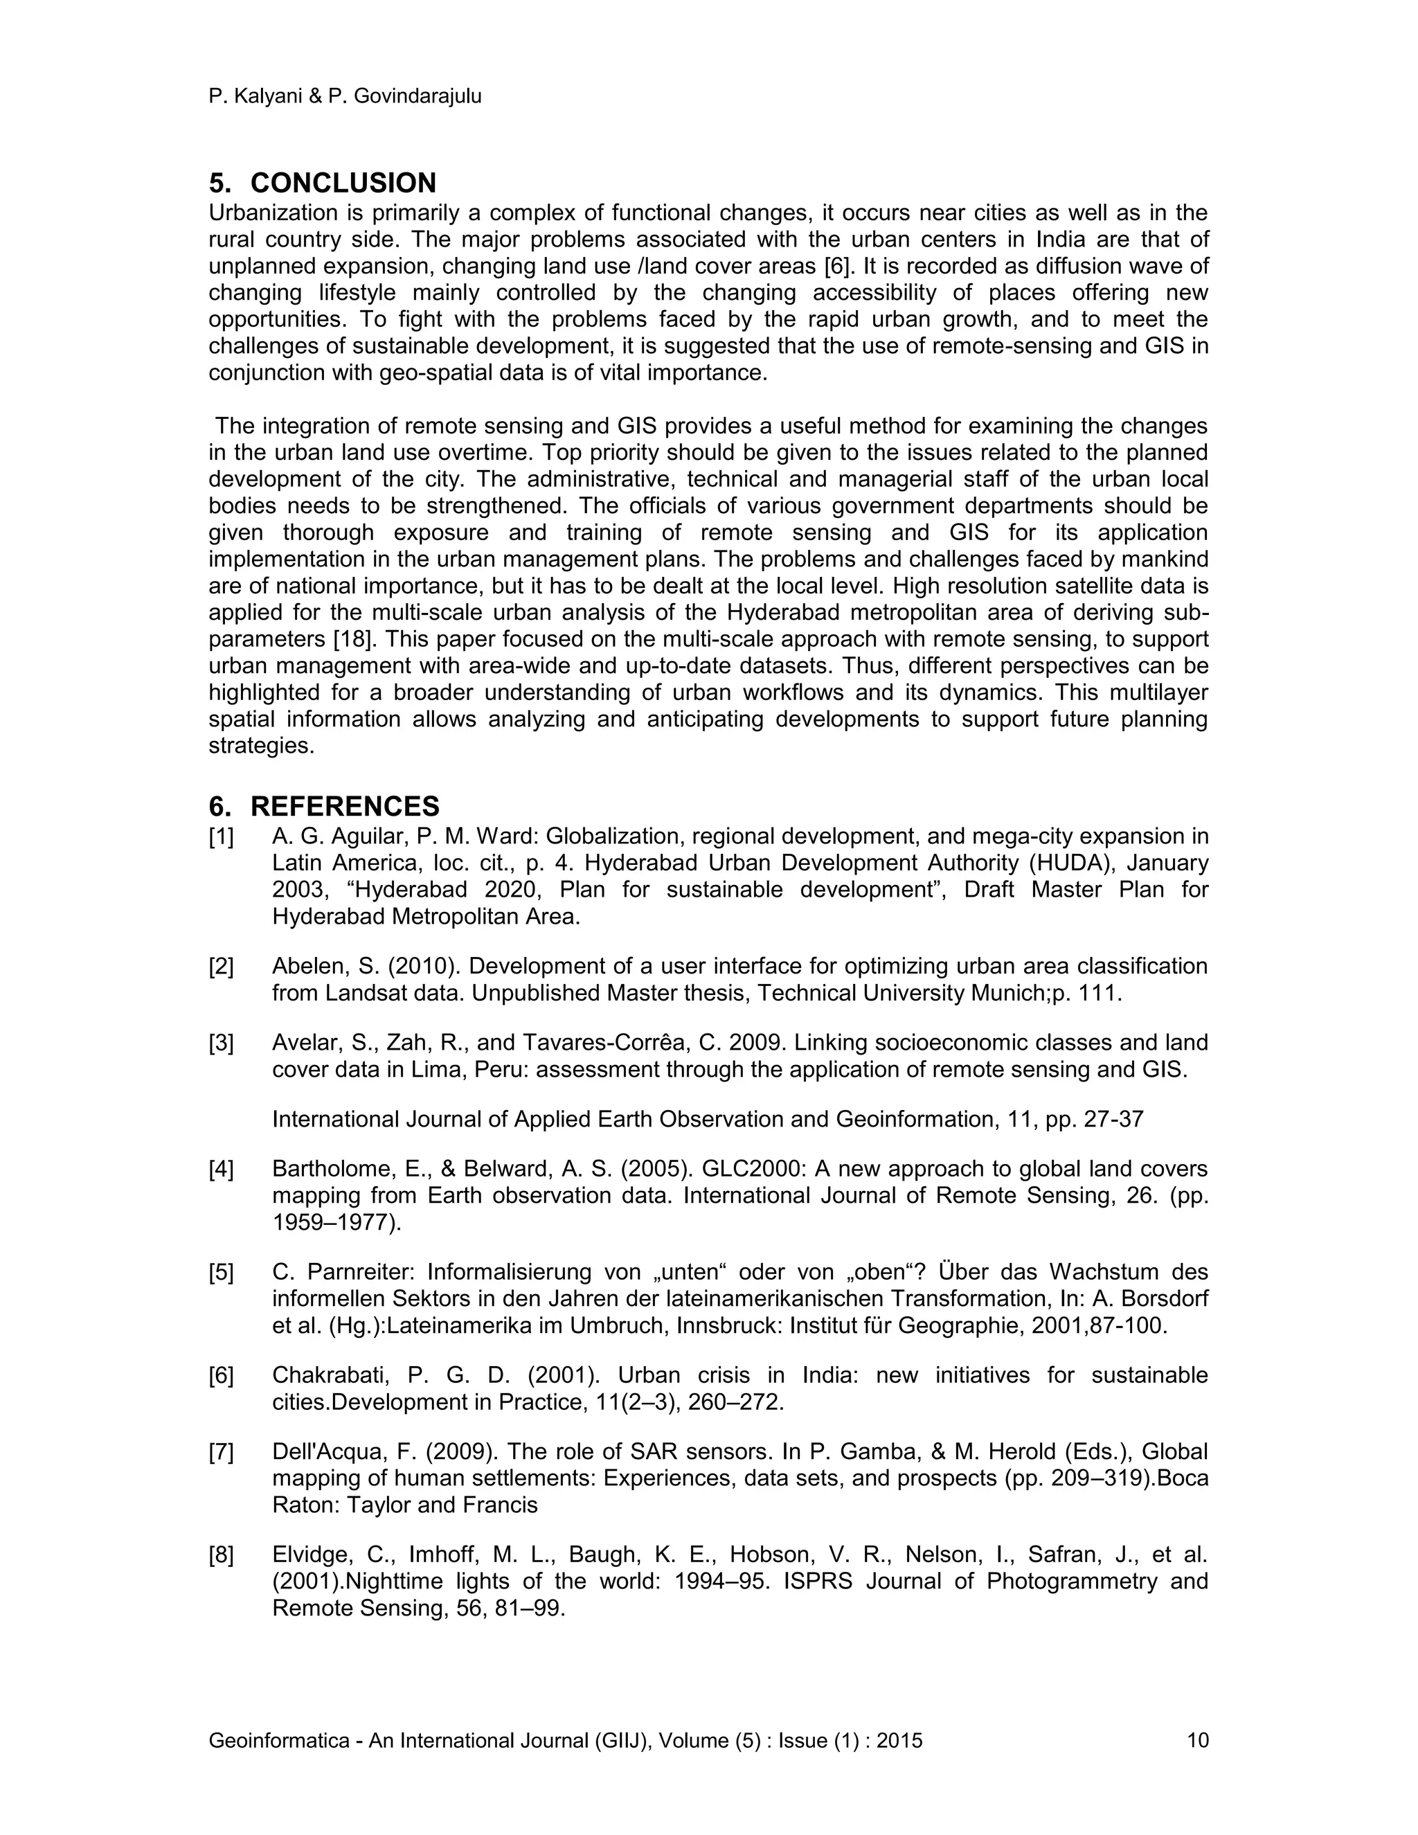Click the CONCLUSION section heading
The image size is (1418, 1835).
tap(343, 183)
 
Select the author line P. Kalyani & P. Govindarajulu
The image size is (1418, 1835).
tap(344, 97)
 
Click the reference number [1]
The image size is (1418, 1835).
tap(221, 837)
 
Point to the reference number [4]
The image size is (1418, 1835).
tap(221, 1170)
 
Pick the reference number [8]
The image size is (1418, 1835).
tap(221, 1555)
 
